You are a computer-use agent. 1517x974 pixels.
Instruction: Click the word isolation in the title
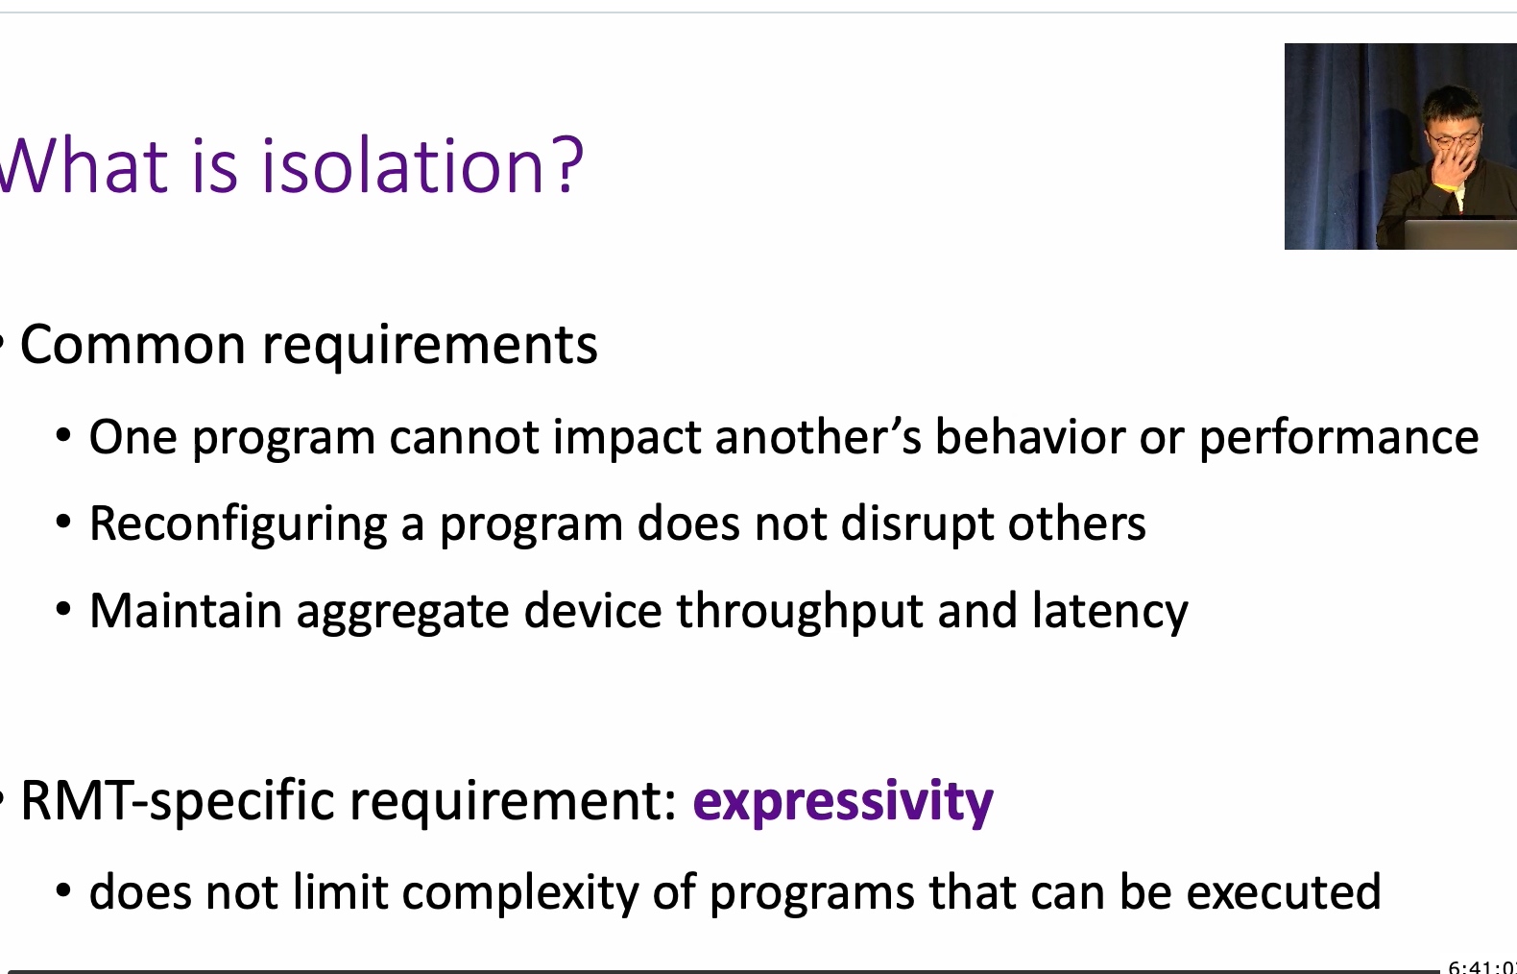(402, 166)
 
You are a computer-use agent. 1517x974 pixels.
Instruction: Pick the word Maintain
(185, 611)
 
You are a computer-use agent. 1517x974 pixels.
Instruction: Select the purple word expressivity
(843, 802)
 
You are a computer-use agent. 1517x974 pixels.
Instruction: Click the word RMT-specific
(178, 802)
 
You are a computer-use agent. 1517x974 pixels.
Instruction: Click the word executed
(1284, 891)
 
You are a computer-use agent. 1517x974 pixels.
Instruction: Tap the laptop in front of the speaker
(1459, 233)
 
